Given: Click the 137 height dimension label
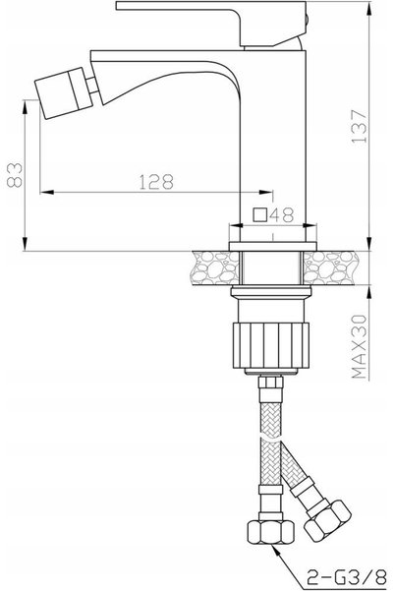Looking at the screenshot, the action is (359, 126).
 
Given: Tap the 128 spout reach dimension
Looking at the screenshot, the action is (156, 182).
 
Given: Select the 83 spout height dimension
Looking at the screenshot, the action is (15, 175).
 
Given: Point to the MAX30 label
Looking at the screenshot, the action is (359, 347).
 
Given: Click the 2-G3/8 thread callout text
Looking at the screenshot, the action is (347, 576).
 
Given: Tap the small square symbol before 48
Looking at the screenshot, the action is (260, 214).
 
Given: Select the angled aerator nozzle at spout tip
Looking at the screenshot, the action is (64, 93).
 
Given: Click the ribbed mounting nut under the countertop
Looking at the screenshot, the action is (271, 345).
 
